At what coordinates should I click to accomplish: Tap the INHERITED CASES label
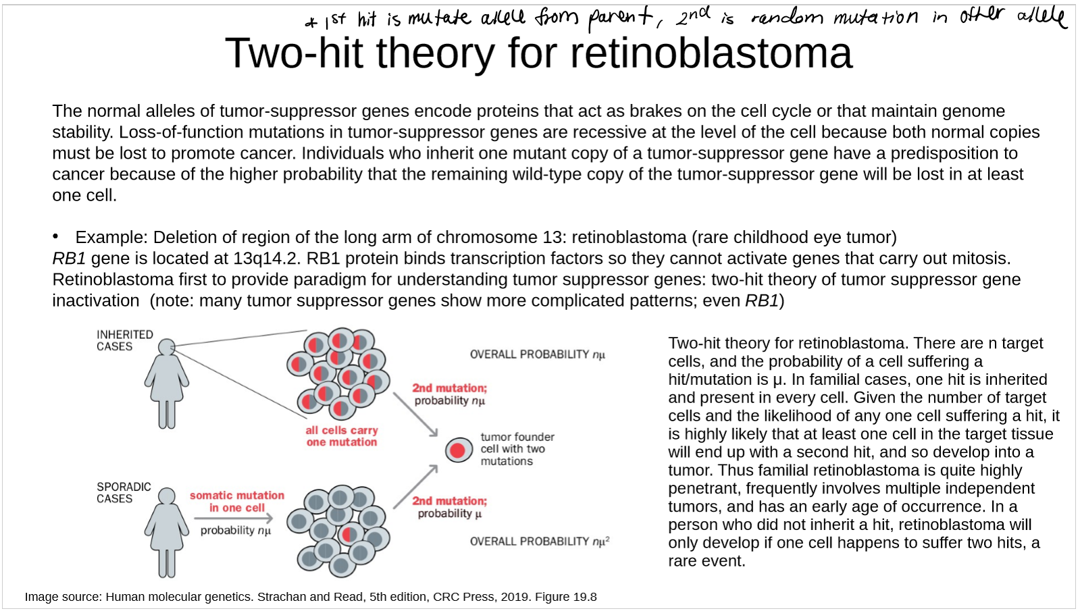pyautogui.click(x=125, y=341)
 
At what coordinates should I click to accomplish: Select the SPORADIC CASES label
pyautogui.click(x=124, y=493)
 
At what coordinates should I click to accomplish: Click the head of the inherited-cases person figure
pyautogui.click(x=167, y=347)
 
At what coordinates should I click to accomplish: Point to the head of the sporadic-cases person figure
pyautogui.click(x=167, y=496)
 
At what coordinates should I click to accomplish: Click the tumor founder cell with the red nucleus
pyautogui.click(x=458, y=450)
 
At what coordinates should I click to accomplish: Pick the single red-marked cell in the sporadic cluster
pyautogui.click(x=350, y=534)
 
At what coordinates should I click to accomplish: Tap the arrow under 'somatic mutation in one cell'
pyautogui.click(x=234, y=518)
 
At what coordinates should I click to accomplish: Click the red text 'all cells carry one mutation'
pyautogui.click(x=342, y=436)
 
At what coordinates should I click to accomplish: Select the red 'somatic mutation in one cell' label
pyautogui.click(x=237, y=502)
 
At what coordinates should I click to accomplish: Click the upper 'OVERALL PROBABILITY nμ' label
pyautogui.click(x=538, y=354)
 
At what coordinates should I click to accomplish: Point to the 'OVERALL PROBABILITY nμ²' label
pyautogui.click(x=540, y=541)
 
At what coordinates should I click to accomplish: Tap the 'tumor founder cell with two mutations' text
pyautogui.click(x=517, y=449)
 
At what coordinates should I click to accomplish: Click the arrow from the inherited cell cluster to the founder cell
pyautogui.click(x=415, y=415)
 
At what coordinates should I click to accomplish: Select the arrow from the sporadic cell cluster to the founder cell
pyautogui.click(x=415, y=486)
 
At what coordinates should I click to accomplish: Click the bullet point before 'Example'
pyautogui.click(x=56, y=236)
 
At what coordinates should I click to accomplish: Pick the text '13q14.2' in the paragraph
pyautogui.click(x=267, y=259)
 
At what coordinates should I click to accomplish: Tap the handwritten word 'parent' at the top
pyautogui.click(x=620, y=20)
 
